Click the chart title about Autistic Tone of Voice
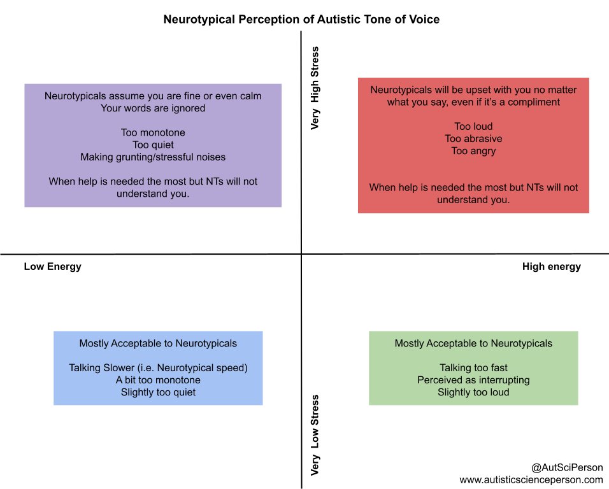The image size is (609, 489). click(301, 19)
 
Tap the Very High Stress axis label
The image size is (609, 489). click(315, 87)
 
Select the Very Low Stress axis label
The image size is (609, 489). click(315, 435)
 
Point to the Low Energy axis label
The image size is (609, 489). click(53, 267)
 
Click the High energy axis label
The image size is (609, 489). click(552, 267)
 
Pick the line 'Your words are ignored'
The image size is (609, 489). click(153, 108)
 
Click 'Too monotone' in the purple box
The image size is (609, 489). click(153, 132)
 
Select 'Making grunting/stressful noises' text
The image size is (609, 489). click(153, 157)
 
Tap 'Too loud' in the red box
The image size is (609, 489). click(473, 127)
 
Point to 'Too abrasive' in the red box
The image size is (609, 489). click(473, 139)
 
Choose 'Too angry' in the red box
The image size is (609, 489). click(473, 151)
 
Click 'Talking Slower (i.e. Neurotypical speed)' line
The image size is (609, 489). click(157, 368)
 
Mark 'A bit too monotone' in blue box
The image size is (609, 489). click(158, 380)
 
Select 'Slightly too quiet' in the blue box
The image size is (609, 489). click(158, 392)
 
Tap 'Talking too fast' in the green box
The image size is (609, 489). click(473, 368)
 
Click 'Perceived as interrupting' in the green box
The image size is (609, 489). click(473, 380)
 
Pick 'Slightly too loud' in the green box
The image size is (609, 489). click(473, 392)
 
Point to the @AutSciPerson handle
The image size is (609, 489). click(566, 467)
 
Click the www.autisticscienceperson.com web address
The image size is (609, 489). click(531, 479)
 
